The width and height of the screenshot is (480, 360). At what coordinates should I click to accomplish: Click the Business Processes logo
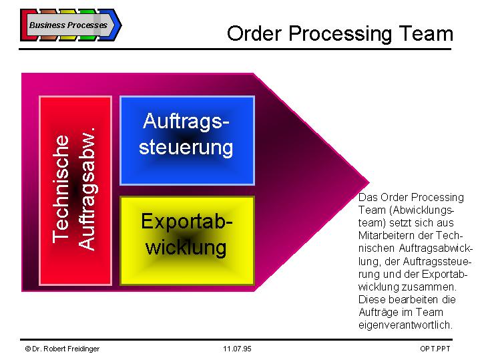click(x=71, y=25)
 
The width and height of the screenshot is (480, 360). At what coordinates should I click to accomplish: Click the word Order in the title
click(x=254, y=33)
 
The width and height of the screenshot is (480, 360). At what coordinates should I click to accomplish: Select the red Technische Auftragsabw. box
click(x=75, y=190)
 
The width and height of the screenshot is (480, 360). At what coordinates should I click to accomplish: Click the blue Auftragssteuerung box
click(x=187, y=140)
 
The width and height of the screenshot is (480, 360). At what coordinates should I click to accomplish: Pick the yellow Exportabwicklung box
click(x=187, y=241)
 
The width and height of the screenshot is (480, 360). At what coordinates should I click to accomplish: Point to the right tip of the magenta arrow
click(x=369, y=182)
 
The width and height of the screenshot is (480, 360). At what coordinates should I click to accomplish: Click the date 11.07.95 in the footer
click(x=237, y=349)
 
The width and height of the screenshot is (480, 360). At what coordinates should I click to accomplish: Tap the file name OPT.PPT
click(x=435, y=349)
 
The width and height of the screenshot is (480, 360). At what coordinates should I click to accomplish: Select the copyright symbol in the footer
click(x=28, y=349)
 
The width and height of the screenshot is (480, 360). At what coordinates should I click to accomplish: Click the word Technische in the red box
click(x=61, y=189)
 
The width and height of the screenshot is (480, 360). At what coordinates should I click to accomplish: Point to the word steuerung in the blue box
click(x=186, y=148)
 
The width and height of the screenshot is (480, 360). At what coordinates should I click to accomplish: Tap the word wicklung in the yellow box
click(x=186, y=247)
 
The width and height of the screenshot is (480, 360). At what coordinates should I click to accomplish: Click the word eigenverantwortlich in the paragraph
click(x=405, y=325)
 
